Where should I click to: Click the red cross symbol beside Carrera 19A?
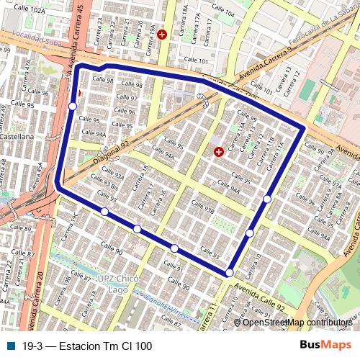coord(161,34)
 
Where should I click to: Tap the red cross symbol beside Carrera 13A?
coord(219,151)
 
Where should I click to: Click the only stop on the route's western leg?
coord(73,107)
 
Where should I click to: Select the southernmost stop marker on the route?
coord(229,272)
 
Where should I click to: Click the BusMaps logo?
coord(325,346)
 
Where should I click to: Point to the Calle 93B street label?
coord(203,207)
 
